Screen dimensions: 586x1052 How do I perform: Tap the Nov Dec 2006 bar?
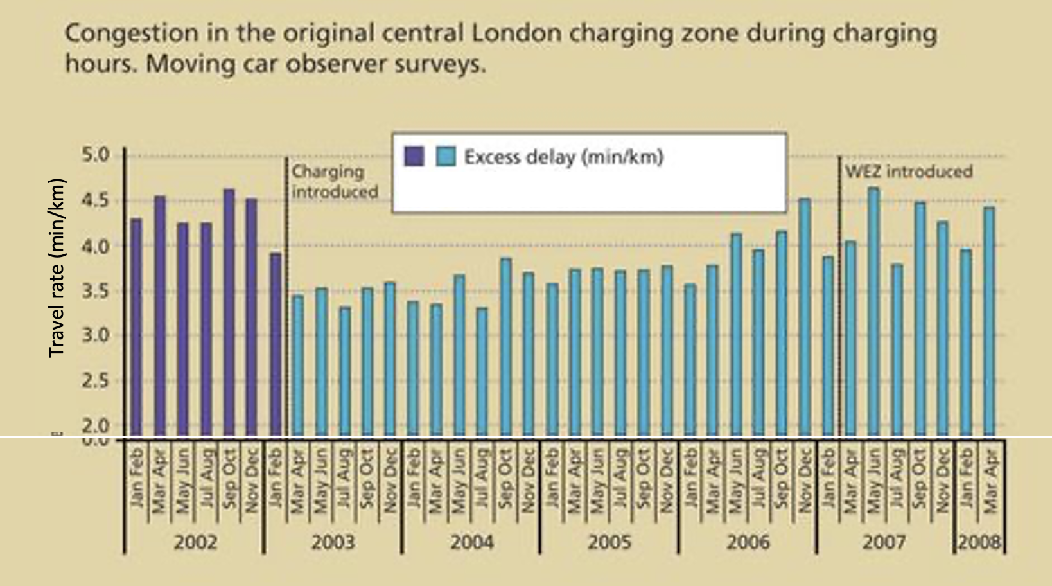[x=804, y=317]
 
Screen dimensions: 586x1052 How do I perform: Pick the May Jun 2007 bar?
[x=873, y=312]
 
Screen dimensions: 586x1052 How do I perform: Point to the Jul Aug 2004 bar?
[x=482, y=373]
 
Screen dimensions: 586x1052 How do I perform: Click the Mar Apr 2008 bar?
[x=989, y=322]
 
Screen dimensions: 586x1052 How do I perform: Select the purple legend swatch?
[x=414, y=156]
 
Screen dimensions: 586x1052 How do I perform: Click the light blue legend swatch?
[x=445, y=156]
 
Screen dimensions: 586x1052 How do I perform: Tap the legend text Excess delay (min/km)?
[x=563, y=157]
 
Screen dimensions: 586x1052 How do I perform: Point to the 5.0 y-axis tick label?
[x=96, y=155]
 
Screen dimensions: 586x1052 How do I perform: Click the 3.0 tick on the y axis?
[x=96, y=335]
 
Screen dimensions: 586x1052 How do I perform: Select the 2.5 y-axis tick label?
[x=96, y=380]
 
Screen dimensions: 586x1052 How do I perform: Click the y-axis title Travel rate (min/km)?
[x=57, y=267]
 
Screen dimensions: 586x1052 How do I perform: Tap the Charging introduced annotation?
[x=334, y=182]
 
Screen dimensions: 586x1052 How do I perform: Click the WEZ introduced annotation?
[x=908, y=172]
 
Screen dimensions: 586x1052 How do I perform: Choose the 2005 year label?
[x=609, y=542]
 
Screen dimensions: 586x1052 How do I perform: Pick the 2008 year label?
[x=979, y=542]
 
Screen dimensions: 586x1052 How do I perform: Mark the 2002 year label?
[x=195, y=542]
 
